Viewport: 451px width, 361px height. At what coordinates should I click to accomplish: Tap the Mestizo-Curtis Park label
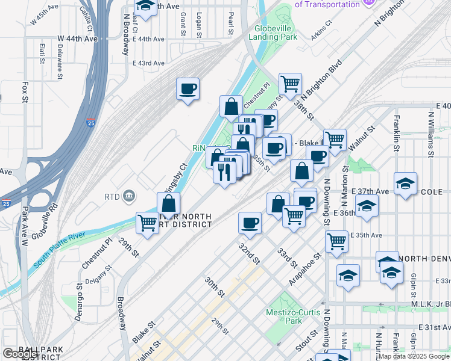[x=285, y=316]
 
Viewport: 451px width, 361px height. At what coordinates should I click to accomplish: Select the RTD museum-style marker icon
[x=128, y=196]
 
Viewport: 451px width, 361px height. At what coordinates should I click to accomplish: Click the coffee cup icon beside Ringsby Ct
[x=188, y=90]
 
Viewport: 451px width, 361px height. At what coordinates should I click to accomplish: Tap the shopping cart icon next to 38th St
[x=290, y=84]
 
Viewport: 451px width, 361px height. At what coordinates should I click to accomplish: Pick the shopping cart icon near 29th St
[x=147, y=223]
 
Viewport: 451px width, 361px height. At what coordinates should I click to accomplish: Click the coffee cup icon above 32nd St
[x=250, y=223]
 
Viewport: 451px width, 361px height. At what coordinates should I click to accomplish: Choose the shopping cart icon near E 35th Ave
[x=336, y=242]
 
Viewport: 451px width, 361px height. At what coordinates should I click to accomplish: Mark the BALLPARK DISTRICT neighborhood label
[x=28, y=352]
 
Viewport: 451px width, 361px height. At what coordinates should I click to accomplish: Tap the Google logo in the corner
[x=20, y=354]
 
